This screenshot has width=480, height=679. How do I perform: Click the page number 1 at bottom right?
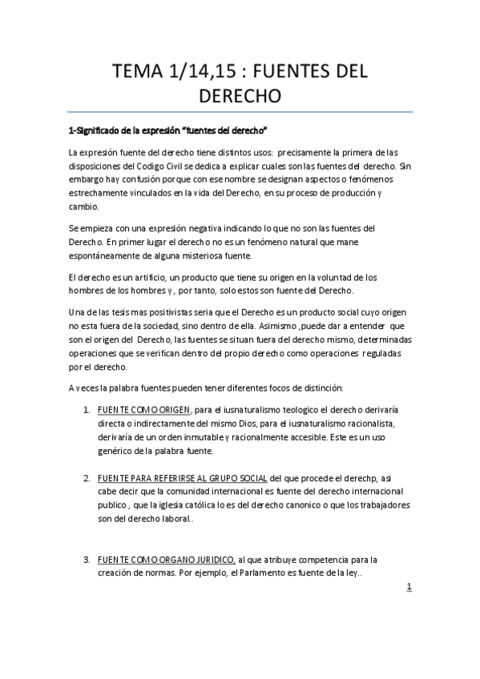[409, 587]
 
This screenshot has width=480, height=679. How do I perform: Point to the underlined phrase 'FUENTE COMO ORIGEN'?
[143, 411]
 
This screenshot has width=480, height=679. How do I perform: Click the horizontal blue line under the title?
[240, 111]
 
